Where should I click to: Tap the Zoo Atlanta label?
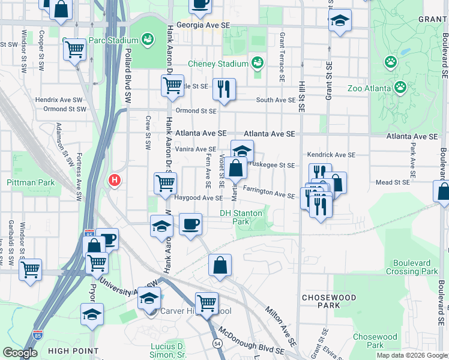pyautogui.click(x=370, y=88)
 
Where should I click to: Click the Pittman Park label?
pyautogui.click(x=30, y=182)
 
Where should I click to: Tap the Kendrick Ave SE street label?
pyautogui.click(x=331, y=155)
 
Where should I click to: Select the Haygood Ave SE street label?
pyautogui.click(x=199, y=197)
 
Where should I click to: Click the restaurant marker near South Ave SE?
pyautogui.click(x=224, y=89)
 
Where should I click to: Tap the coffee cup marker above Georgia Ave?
pyautogui.click(x=200, y=5)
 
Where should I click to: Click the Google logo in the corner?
pyautogui.click(x=20, y=353)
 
